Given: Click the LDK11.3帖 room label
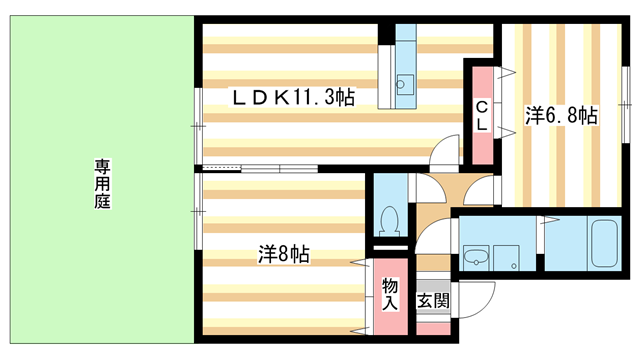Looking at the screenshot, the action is tap(292, 97).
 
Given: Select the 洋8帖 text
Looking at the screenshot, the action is tap(283, 254).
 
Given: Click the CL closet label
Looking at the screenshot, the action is tap(481, 115).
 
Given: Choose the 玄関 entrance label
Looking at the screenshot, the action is tap(433, 300).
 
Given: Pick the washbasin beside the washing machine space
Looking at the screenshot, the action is tap(475, 258).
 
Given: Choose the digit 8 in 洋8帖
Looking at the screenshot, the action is tap(284, 254).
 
